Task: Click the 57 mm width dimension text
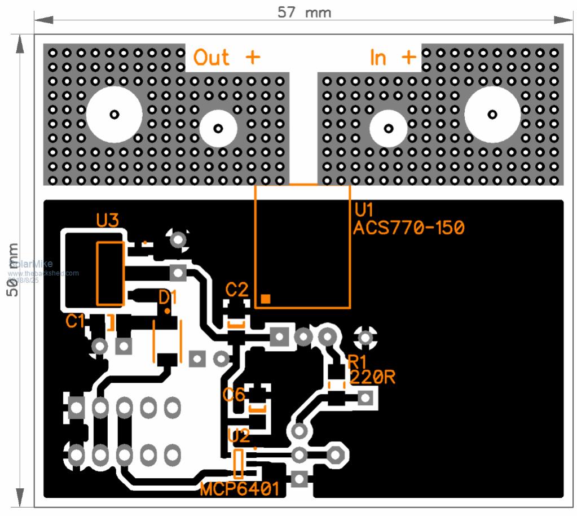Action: click(x=304, y=12)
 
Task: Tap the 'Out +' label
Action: click(x=227, y=57)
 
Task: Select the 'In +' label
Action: click(x=393, y=57)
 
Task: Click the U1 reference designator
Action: click(x=364, y=210)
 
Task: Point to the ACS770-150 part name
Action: click(x=409, y=228)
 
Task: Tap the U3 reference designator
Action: click(x=108, y=220)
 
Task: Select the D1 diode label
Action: click(x=168, y=297)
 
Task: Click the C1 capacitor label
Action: click(x=75, y=321)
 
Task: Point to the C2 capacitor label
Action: click(x=236, y=290)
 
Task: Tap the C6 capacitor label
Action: click(x=234, y=394)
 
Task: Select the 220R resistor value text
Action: click(x=372, y=377)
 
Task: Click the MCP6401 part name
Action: click(x=240, y=489)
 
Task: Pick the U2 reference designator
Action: click(x=238, y=435)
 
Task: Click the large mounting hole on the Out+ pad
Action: click(x=114, y=114)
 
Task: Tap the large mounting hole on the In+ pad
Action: click(x=492, y=115)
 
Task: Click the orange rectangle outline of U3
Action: click(x=110, y=273)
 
